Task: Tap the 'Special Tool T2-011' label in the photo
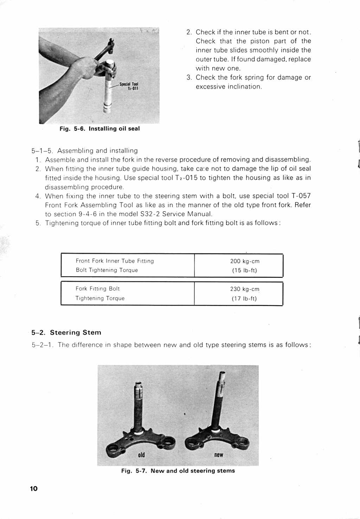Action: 129,86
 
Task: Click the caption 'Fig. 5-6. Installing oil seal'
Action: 99,129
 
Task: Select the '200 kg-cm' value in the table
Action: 245,261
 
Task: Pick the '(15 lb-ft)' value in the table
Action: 244,270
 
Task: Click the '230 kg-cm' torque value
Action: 245,289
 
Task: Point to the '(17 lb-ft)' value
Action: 244,299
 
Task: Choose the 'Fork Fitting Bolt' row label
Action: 98,289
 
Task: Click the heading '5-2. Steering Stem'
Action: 66,333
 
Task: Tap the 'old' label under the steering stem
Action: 141,455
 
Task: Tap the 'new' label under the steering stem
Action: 219,455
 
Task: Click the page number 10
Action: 34,488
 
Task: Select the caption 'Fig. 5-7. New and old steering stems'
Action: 178,471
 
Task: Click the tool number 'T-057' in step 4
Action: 301,196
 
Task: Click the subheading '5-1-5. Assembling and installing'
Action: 84,151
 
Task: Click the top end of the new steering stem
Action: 222,374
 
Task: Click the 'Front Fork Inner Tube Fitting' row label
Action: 115,261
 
